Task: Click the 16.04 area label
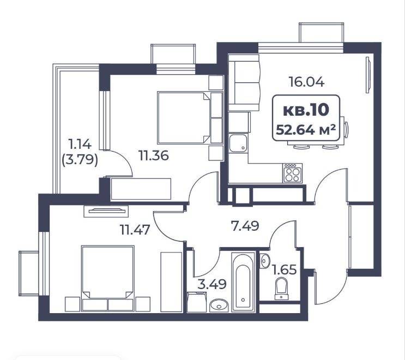tap(306, 82)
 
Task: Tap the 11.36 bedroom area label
tap(154, 155)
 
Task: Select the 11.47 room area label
tap(135, 230)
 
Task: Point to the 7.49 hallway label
tap(245, 226)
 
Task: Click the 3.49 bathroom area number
tap(212, 284)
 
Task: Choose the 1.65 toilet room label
tap(285, 270)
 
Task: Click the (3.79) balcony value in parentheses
tap(80, 160)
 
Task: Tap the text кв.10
tap(306, 110)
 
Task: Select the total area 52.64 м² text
tap(306, 129)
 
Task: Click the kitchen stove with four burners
tap(292, 173)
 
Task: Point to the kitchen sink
tap(238, 143)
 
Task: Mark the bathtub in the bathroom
tap(243, 282)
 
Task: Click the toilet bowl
tap(281, 289)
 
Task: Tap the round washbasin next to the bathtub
tap(219, 305)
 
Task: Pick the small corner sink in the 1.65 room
tap(265, 260)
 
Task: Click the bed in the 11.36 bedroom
tap(190, 118)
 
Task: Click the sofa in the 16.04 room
tap(244, 83)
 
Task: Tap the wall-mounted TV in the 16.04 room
tap(368, 75)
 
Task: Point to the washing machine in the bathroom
tap(197, 302)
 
